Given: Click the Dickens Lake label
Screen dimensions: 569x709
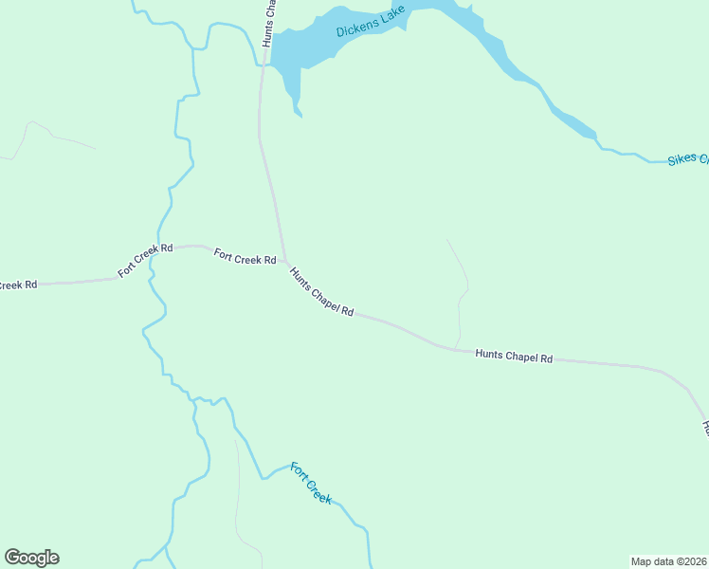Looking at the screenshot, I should (x=371, y=22).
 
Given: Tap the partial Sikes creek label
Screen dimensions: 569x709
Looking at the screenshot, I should (x=687, y=158).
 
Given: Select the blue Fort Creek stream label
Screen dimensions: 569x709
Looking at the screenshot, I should (x=311, y=483).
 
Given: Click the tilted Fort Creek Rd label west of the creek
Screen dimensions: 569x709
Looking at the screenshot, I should (x=145, y=261).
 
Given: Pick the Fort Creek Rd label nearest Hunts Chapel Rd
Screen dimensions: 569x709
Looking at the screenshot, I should (x=245, y=256).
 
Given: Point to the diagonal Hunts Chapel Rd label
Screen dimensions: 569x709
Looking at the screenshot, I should (x=321, y=292).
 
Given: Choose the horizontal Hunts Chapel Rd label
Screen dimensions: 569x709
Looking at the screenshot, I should (x=513, y=357).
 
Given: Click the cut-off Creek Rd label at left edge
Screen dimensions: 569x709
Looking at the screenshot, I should (x=17, y=284).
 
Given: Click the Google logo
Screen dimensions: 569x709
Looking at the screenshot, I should (x=31, y=558).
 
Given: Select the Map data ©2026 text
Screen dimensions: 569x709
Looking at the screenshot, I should (x=668, y=561).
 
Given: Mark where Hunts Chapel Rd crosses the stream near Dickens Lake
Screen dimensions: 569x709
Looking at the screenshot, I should (x=264, y=65).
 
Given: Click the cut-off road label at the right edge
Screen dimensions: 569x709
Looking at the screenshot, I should (x=704, y=427).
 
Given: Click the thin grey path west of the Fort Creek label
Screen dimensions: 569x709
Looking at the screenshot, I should (x=237, y=493).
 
